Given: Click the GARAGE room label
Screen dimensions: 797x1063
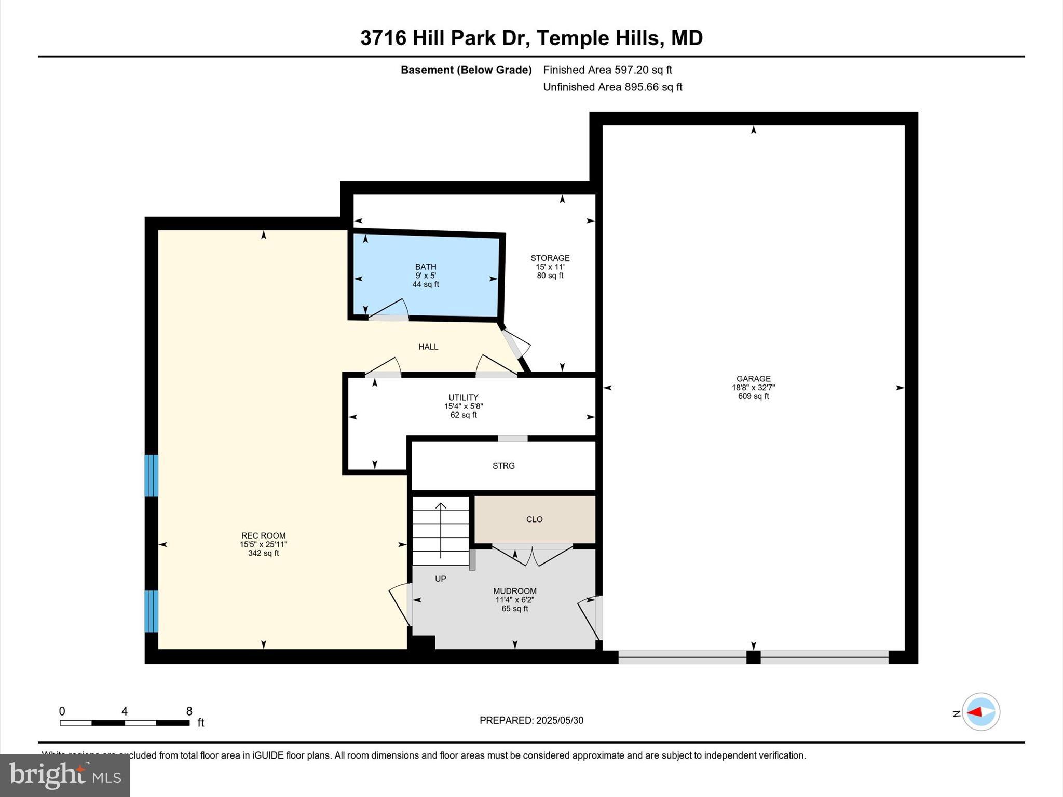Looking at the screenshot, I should (x=753, y=379).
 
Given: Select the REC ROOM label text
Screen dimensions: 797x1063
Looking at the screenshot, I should (x=263, y=535).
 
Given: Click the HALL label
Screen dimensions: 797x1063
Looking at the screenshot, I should (x=428, y=347).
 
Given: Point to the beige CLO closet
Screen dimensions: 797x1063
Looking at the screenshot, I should (x=534, y=519).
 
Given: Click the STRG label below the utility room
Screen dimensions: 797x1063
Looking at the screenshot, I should (x=503, y=466).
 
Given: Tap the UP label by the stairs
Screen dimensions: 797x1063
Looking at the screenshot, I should (x=440, y=579).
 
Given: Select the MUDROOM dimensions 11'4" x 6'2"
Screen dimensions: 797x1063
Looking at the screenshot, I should (x=514, y=600).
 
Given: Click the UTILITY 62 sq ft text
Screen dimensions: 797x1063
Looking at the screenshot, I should (x=463, y=415).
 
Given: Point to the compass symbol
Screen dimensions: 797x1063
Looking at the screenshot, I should (x=980, y=712).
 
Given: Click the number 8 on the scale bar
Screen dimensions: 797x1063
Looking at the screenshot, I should (x=189, y=711).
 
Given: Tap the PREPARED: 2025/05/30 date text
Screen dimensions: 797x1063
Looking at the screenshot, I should (x=531, y=720).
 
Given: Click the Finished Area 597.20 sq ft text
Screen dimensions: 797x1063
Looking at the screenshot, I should (x=607, y=70).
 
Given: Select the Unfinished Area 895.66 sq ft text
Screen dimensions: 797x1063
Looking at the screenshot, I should (x=612, y=87).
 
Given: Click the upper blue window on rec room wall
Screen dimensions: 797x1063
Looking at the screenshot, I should (x=151, y=475).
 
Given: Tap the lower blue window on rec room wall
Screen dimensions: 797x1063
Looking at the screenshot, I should (x=151, y=611).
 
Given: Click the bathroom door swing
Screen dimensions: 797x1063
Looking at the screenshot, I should (x=389, y=310).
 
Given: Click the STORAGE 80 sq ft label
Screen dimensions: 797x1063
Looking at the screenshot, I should (x=550, y=276).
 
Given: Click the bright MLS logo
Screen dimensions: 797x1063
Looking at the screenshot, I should (x=65, y=775).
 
